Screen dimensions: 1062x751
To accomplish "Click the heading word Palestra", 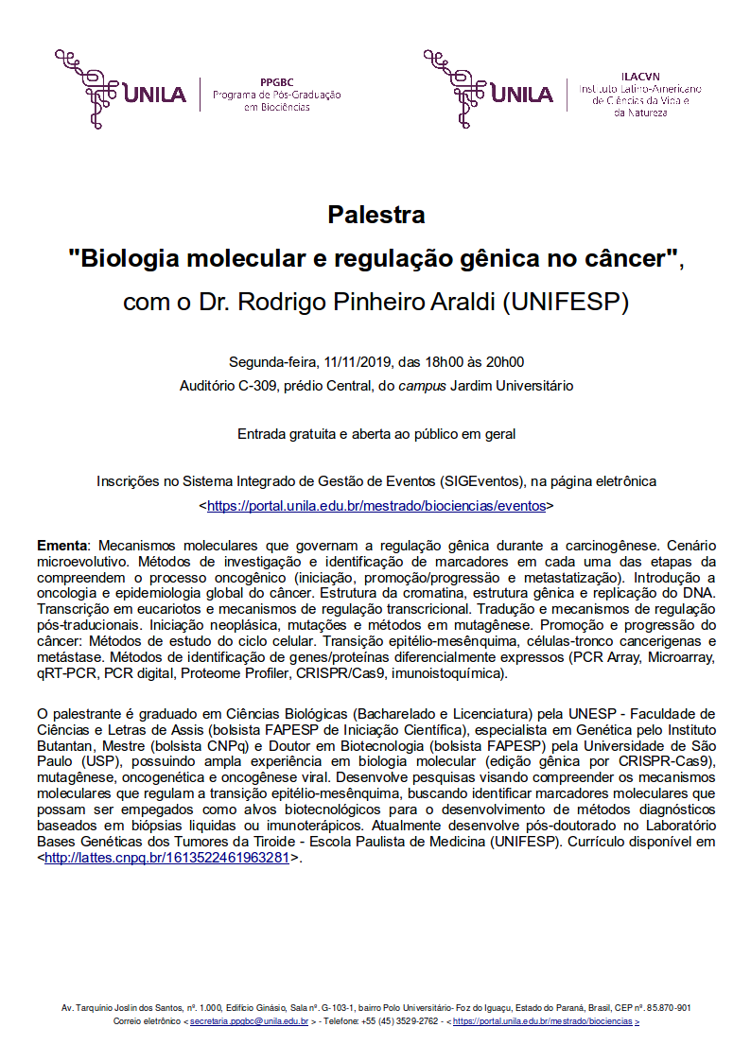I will pos(375,215).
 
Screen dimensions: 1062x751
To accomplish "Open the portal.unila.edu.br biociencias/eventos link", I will pos(376,506).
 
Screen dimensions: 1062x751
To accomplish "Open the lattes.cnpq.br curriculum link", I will pos(166,858).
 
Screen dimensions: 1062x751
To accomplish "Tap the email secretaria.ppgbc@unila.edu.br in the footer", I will pos(249,1021).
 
